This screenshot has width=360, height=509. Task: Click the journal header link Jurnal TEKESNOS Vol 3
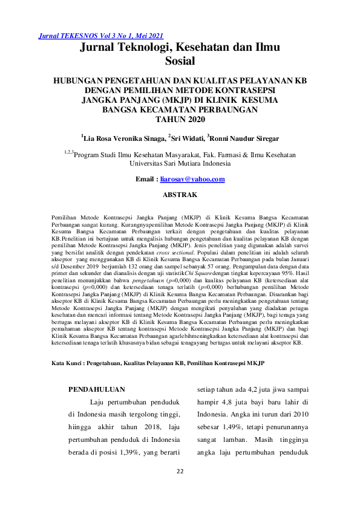coord(100,36)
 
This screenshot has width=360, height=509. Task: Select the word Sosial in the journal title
coord(180,60)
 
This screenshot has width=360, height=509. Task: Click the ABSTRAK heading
coord(180,195)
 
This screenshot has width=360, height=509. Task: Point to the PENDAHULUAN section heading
coord(97,390)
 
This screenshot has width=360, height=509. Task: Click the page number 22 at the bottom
coord(180,472)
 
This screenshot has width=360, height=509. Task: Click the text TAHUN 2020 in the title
coord(180,120)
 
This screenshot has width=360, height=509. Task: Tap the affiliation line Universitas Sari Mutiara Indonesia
coord(180,163)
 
